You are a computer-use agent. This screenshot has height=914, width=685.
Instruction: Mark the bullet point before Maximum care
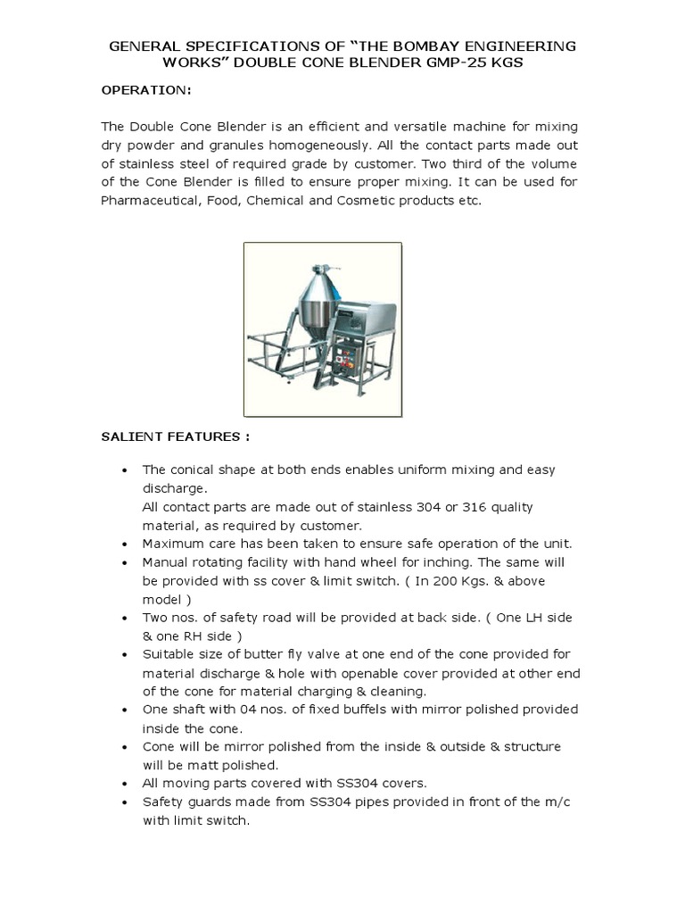[124, 544]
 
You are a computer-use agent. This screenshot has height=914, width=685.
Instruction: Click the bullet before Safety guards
[124, 802]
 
